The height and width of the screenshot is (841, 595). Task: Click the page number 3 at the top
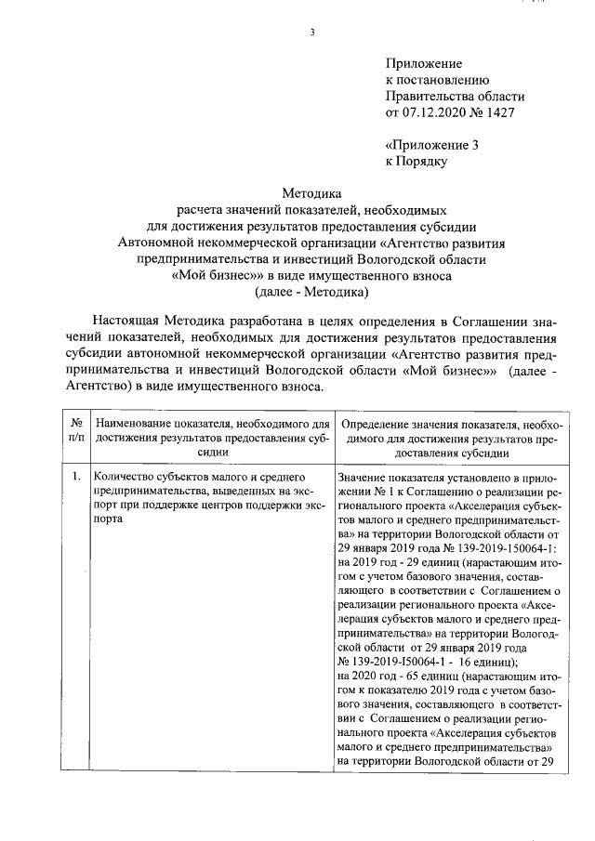click(313, 34)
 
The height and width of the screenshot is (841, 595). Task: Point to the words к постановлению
click(437, 80)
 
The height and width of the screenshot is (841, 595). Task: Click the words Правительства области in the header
click(455, 97)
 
